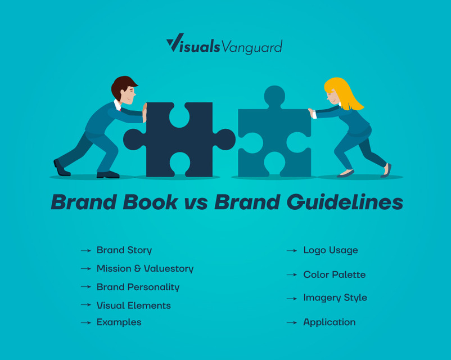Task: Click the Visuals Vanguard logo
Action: click(224, 44)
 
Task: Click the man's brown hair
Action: click(121, 85)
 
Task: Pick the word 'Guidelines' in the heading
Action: click(345, 202)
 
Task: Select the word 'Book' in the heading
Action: click(150, 202)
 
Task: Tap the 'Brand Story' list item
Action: click(124, 250)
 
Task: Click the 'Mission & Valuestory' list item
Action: click(145, 268)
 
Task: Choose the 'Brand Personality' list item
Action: click(138, 287)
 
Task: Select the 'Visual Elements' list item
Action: click(134, 305)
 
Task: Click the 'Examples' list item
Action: click(119, 322)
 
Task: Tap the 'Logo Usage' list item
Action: click(331, 250)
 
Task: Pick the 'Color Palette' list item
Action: click(335, 274)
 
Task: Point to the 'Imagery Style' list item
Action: click(335, 298)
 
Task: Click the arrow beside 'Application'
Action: click(292, 323)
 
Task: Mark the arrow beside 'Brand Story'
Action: click(86, 251)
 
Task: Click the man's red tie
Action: click(120, 110)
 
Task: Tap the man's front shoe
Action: click(108, 175)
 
